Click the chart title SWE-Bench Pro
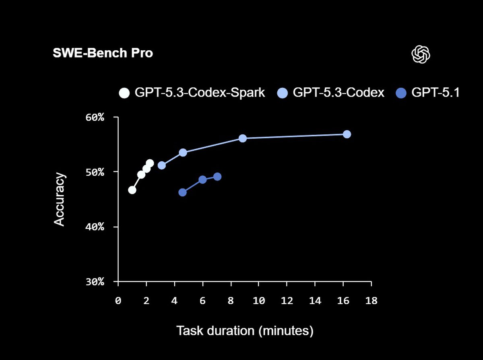point(103,53)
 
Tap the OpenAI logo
point(421,54)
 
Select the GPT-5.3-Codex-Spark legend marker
point(124,93)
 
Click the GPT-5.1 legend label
point(435,93)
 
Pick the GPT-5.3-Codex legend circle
point(283,93)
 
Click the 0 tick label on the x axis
point(118,300)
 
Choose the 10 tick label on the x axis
point(259,300)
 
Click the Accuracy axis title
point(59,199)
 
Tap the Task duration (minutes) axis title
point(245,331)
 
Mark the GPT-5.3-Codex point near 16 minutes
point(347,134)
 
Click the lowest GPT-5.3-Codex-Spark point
point(132,190)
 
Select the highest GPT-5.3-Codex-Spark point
point(150,163)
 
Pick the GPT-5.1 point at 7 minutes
point(217,177)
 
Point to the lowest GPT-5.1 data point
point(182,192)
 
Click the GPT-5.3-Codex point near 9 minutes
point(243,138)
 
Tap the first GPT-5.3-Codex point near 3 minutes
point(162,165)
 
